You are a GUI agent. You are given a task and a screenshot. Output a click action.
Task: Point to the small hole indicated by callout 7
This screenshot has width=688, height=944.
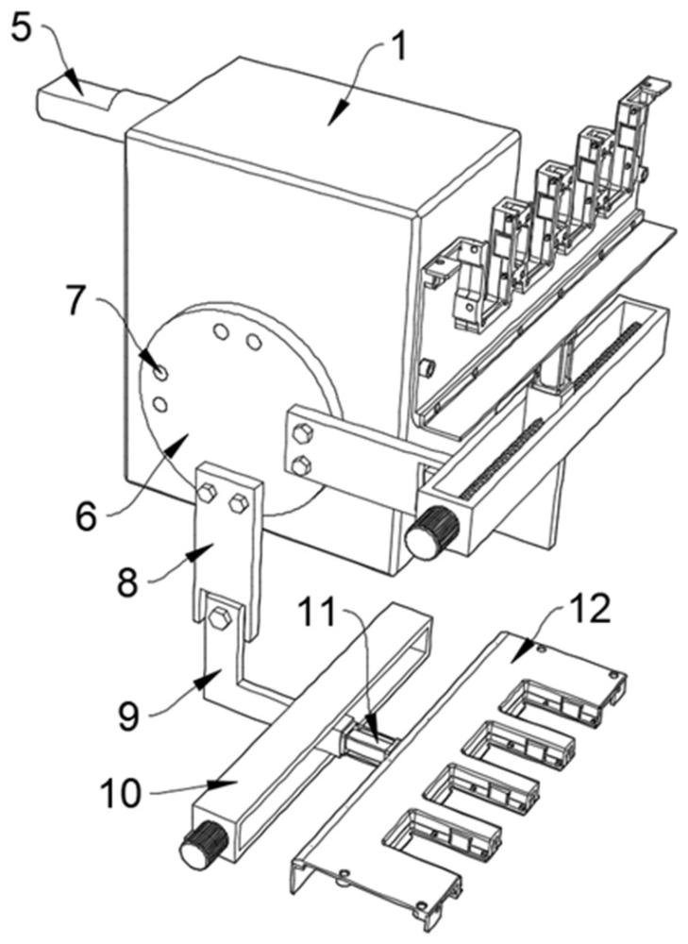coord(161,373)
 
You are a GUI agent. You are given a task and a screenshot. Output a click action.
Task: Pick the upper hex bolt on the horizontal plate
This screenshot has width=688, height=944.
coord(304,434)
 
